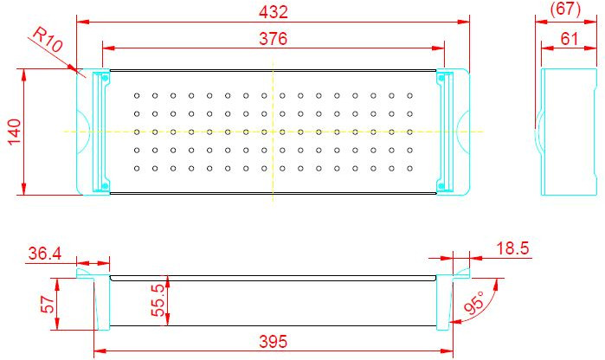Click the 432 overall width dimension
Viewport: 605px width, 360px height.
274,12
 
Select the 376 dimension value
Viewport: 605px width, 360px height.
274,39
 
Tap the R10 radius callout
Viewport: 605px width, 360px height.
47,39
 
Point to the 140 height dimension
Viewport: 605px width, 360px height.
14,132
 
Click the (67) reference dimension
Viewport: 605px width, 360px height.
565,9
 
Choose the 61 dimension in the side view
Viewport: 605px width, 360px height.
570,39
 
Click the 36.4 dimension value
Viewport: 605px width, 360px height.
45,254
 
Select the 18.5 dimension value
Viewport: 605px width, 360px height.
512,248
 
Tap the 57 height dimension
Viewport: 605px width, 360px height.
48,305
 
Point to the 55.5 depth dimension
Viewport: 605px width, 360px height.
158,300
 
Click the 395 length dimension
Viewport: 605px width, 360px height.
274,342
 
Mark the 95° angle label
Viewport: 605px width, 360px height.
473,303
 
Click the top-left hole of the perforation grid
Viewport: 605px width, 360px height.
137,96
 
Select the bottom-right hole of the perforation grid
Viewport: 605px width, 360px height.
409,169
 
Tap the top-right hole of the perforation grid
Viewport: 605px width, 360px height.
409,96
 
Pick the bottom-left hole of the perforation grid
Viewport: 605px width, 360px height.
137,169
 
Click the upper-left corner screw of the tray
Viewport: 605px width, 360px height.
105,78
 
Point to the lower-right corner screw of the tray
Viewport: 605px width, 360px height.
441,187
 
